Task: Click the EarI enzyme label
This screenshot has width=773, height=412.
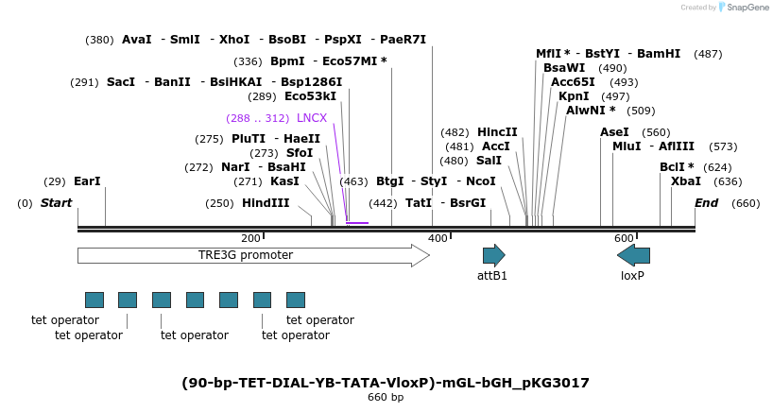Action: click(87, 181)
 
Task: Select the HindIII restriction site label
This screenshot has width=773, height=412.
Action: click(266, 203)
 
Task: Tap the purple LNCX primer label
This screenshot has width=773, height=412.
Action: click(312, 118)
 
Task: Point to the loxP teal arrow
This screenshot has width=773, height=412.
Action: click(633, 255)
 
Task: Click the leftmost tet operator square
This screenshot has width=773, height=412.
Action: click(94, 300)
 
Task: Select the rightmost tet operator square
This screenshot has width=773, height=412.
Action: click(296, 300)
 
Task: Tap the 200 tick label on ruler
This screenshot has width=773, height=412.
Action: click(250, 238)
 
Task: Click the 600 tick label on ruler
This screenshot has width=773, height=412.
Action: click(623, 238)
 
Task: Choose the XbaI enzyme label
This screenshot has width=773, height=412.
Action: click(686, 181)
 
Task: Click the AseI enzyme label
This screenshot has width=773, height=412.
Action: click(614, 132)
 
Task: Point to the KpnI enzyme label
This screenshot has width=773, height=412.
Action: click(574, 96)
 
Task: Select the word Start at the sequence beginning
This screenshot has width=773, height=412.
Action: click(57, 203)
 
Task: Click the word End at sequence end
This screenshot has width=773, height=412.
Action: click(706, 203)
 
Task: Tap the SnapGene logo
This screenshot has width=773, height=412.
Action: click(747, 8)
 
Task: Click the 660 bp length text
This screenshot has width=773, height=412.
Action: click(386, 398)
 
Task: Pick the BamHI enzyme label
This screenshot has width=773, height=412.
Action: click(659, 54)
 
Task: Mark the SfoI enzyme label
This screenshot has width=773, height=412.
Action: click(300, 153)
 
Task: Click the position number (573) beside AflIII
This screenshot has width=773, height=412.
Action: click(723, 146)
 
